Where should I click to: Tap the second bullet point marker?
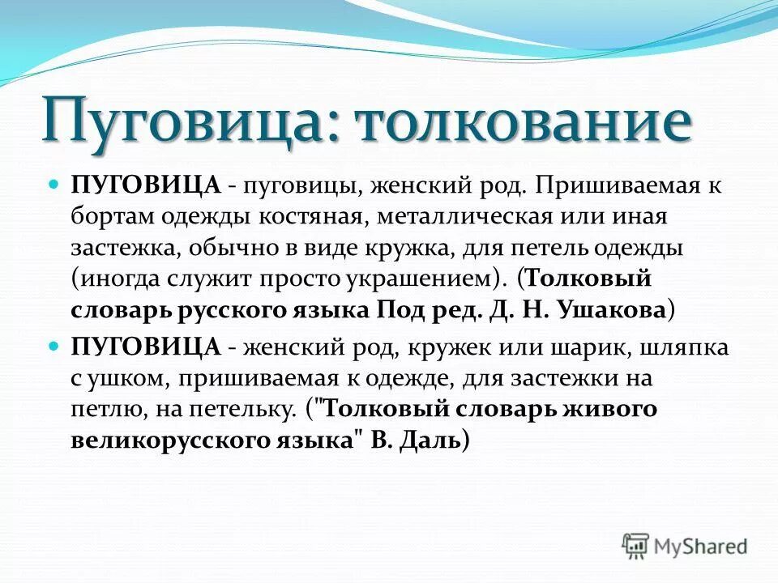[55, 345]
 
